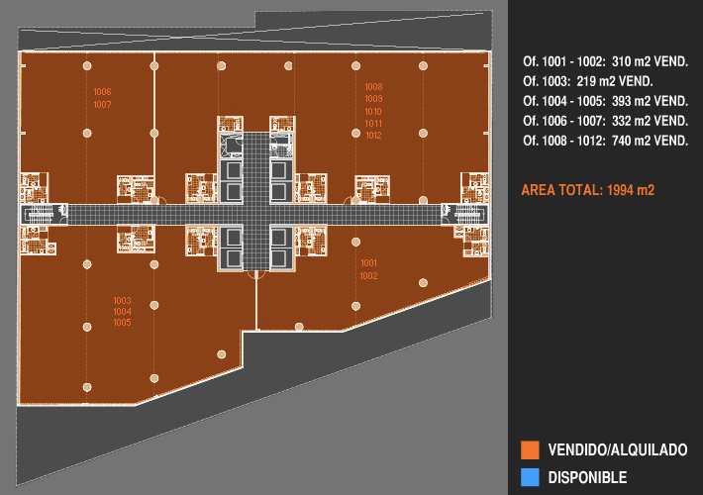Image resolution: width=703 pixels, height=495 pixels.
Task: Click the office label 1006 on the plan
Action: (102, 92)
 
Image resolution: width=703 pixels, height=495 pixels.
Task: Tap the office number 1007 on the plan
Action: (102, 105)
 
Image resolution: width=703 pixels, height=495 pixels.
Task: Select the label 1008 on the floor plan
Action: (373, 87)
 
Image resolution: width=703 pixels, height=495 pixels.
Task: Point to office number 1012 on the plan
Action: (373, 136)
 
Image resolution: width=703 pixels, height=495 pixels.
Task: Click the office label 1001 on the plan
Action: (369, 263)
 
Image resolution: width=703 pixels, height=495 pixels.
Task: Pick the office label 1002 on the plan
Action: (369, 276)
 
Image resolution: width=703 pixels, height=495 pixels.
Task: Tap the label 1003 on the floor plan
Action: (122, 300)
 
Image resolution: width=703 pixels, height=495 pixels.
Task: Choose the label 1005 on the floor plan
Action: (122, 323)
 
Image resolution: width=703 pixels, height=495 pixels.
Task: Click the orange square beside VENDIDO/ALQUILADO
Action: (530, 449)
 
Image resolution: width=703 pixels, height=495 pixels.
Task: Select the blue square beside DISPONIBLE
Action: (530, 477)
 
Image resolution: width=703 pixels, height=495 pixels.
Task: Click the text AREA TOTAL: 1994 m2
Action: (588, 190)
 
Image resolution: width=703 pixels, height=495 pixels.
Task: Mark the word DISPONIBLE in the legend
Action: (587, 477)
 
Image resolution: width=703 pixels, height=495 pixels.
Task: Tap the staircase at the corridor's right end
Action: (464, 214)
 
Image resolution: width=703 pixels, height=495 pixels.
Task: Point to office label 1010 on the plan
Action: (373, 112)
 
